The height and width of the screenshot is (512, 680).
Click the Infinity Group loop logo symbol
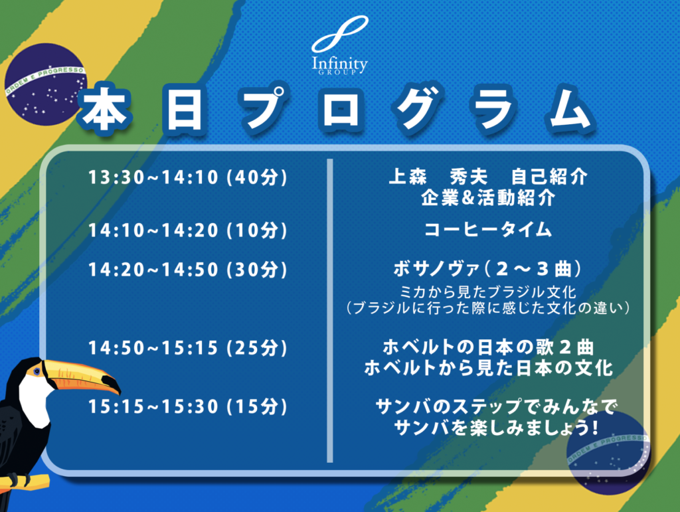(339, 34)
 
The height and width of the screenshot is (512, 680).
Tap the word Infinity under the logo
(339, 64)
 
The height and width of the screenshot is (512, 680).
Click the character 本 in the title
(104, 110)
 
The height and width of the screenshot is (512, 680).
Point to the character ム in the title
(571, 110)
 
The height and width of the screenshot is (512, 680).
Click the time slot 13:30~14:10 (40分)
(188, 177)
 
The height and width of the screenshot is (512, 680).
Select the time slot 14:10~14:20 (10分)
(188, 230)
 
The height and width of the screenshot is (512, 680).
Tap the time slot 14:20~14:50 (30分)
(188, 270)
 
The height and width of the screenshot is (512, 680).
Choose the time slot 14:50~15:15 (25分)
(188, 348)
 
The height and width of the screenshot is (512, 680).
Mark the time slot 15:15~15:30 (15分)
(188, 406)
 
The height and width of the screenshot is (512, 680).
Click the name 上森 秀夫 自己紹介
(488, 177)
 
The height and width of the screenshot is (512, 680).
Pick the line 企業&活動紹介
(488, 198)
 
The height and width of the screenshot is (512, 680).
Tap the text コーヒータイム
(488, 229)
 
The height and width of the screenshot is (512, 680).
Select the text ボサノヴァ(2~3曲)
(488, 269)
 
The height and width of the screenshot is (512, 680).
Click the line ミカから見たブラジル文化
(488, 292)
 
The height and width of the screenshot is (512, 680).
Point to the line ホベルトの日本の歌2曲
(488, 347)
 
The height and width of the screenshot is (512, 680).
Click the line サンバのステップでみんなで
(495, 406)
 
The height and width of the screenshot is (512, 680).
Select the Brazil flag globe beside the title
(46, 84)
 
